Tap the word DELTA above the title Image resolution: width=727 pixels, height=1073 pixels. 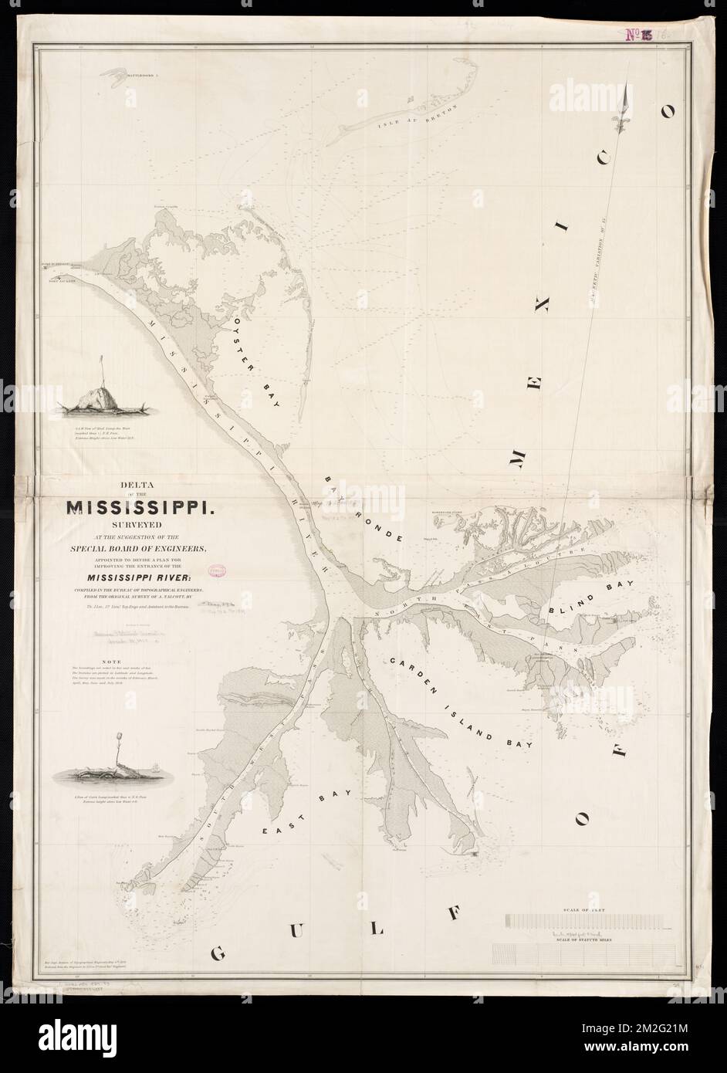(x=136, y=486)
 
